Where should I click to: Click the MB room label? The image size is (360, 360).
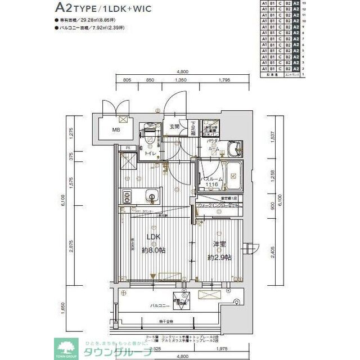[115, 130]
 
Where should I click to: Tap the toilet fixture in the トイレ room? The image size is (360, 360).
[150, 136]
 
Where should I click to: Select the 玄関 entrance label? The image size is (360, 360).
[175, 127]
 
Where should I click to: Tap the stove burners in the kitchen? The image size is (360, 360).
[127, 196]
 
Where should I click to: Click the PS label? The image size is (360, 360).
[128, 148]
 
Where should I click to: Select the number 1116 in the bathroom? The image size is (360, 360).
[211, 185]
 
